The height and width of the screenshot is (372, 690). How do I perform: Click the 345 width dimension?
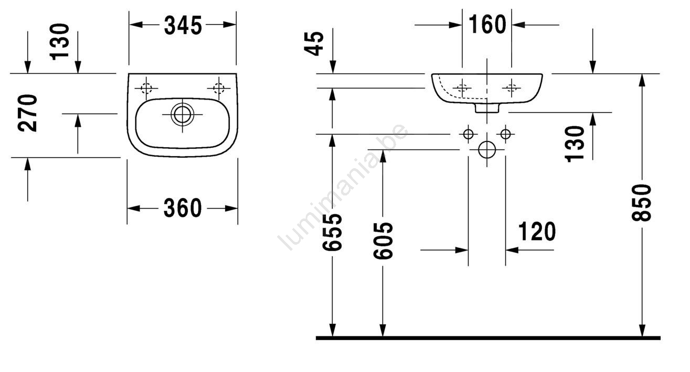[183, 25]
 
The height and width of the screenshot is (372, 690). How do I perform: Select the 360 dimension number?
[183, 209]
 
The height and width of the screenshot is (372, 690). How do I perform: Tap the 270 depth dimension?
[28, 113]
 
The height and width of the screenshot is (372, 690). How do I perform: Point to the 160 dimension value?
[487, 24]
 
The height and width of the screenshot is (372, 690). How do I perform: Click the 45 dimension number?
[314, 43]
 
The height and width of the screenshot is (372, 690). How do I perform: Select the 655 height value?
[332, 232]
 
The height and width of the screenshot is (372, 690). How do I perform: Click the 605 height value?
[383, 240]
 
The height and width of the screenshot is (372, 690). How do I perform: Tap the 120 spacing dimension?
[537, 231]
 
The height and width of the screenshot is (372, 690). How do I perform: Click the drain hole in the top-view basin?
[183, 114]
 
